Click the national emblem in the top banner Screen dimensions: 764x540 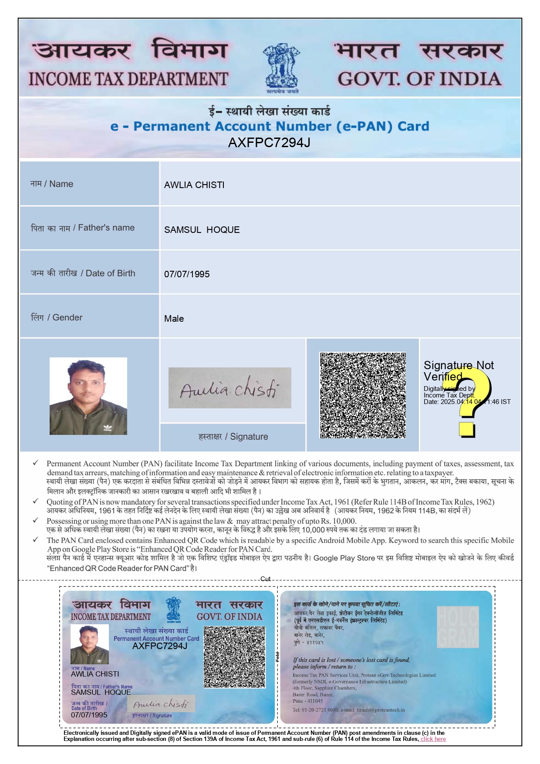tap(282, 67)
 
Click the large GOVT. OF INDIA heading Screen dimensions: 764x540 tap(419, 79)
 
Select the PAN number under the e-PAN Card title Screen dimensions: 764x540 tap(269, 142)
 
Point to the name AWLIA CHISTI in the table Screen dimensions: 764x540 tap(194, 185)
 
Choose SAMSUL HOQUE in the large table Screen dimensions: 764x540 tap(202, 230)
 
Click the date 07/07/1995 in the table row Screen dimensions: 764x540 tap(187, 274)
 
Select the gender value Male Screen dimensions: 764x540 tap(174, 319)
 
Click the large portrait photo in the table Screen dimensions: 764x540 tap(88, 396)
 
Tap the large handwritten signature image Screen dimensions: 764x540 tap(229, 388)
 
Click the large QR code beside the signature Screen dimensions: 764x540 tap(363, 395)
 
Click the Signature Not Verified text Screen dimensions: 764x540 tap(458, 370)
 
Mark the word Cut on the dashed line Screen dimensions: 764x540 tap(265, 579)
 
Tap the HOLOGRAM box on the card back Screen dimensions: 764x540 tap(458, 627)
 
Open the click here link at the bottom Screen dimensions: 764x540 tap(433, 739)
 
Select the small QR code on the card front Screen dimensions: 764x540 tap(234, 657)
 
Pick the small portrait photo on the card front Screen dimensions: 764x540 tap(90, 644)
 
